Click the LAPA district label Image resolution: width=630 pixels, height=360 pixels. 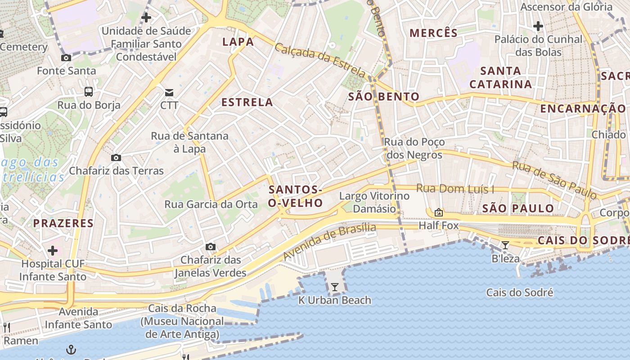pos(238,42)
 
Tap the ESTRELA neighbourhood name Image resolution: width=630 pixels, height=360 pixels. pos(247,102)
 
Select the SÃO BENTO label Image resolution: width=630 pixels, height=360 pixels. pos(384,96)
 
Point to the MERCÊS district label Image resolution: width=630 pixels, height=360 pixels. pos(434,33)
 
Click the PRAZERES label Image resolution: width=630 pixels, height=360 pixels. pos(63,223)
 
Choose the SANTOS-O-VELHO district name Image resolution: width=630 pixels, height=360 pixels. pos(295,196)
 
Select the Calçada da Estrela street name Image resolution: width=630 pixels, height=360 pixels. pos(320,60)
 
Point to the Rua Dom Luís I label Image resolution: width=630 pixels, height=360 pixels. pos(455,189)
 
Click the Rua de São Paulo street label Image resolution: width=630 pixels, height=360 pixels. pos(554,180)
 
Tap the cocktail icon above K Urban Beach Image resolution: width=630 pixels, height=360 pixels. pos(334,287)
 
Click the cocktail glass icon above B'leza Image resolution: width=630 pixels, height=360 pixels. pos(505,245)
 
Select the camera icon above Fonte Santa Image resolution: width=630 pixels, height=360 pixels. pos(66,58)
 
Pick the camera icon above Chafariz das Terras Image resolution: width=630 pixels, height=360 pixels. pos(116,157)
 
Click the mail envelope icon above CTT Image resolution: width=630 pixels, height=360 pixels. pos(169,93)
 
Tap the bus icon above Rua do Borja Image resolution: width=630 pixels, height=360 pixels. pos(89,92)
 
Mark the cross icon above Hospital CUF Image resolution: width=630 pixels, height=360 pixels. pos(53,250)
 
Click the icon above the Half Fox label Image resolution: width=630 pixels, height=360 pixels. pos(439,212)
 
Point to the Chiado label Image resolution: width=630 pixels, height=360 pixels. pos(608,135)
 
